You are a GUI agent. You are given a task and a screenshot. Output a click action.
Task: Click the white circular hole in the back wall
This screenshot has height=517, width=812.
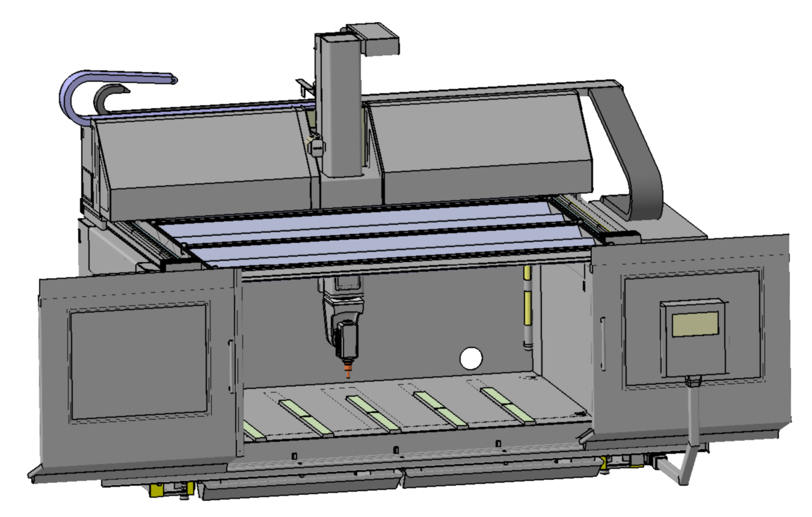tap(471, 358)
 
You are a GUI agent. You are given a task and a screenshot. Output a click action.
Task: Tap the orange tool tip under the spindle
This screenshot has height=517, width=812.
tap(348, 369)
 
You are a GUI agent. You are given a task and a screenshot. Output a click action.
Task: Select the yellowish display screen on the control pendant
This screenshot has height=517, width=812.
tap(695, 324)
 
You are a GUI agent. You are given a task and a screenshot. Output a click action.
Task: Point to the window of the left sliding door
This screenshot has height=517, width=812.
tap(139, 360)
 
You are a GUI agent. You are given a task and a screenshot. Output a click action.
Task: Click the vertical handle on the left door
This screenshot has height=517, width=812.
tap(230, 367)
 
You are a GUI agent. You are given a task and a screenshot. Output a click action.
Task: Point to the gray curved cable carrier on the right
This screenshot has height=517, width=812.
tap(638, 156)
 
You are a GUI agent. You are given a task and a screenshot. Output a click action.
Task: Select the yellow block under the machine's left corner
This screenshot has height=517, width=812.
tap(158, 489)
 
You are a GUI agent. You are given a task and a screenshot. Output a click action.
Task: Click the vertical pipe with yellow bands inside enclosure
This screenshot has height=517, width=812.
tap(527, 307)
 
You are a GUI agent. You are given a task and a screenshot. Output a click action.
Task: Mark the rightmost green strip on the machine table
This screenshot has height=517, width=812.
tap(508, 404)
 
